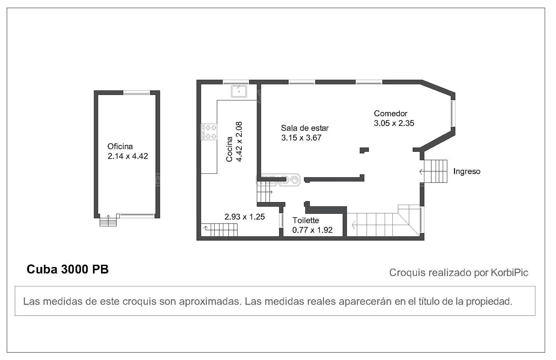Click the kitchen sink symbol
(239, 91)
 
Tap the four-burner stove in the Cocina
(209, 132)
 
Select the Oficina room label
(120, 146)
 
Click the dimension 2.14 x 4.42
(128, 156)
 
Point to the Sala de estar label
(305, 128)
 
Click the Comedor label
(391, 114)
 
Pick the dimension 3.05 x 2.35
(394, 123)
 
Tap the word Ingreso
(467, 172)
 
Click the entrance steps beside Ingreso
(435, 171)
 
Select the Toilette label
(306, 220)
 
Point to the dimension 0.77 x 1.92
(313, 230)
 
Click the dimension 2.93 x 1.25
(245, 217)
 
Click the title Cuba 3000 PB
(68, 269)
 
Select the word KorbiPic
(509, 273)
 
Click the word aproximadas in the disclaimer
(210, 302)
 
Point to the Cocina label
(229, 149)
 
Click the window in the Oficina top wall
(137, 93)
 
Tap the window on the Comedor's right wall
(453, 113)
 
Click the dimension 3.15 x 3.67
(301, 138)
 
